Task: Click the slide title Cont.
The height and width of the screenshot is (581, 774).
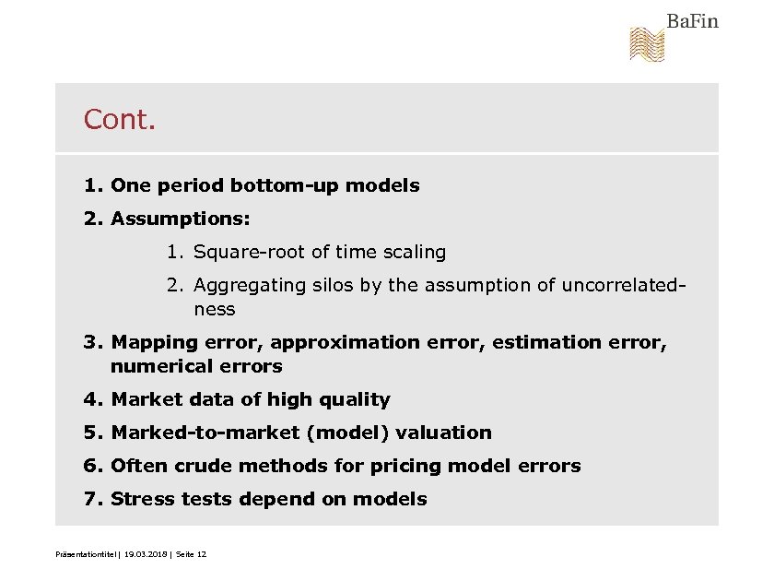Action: [x=120, y=120]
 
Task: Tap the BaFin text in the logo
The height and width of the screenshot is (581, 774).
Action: [x=692, y=21]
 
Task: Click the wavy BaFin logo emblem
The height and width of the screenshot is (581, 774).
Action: [x=647, y=44]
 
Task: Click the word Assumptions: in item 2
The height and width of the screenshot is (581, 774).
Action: [x=181, y=219]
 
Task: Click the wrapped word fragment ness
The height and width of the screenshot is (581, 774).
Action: [x=214, y=309]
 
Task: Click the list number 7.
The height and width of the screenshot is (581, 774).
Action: [x=90, y=499]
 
